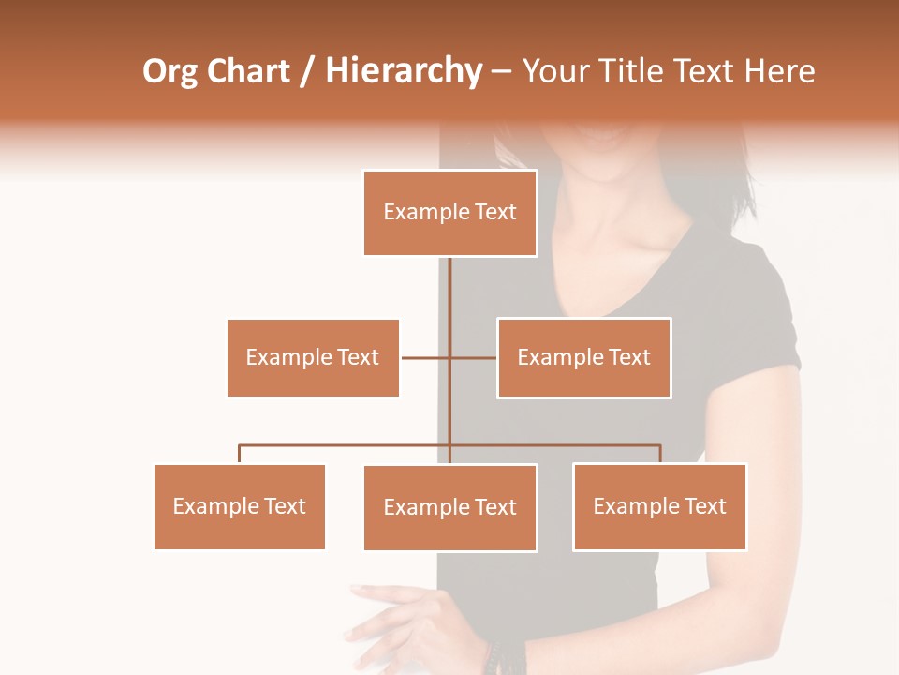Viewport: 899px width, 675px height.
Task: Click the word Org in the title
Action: tap(170, 72)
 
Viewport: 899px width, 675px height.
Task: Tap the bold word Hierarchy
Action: tap(404, 72)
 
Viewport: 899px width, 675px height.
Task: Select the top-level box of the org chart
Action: tap(450, 213)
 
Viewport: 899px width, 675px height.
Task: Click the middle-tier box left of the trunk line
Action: tap(313, 357)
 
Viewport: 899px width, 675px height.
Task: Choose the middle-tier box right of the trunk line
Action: tap(584, 357)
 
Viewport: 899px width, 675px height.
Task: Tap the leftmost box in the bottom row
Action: tap(240, 506)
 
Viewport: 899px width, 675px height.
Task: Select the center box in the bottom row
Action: tap(450, 507)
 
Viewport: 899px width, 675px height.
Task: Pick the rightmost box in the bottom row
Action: tap(660, 506)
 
